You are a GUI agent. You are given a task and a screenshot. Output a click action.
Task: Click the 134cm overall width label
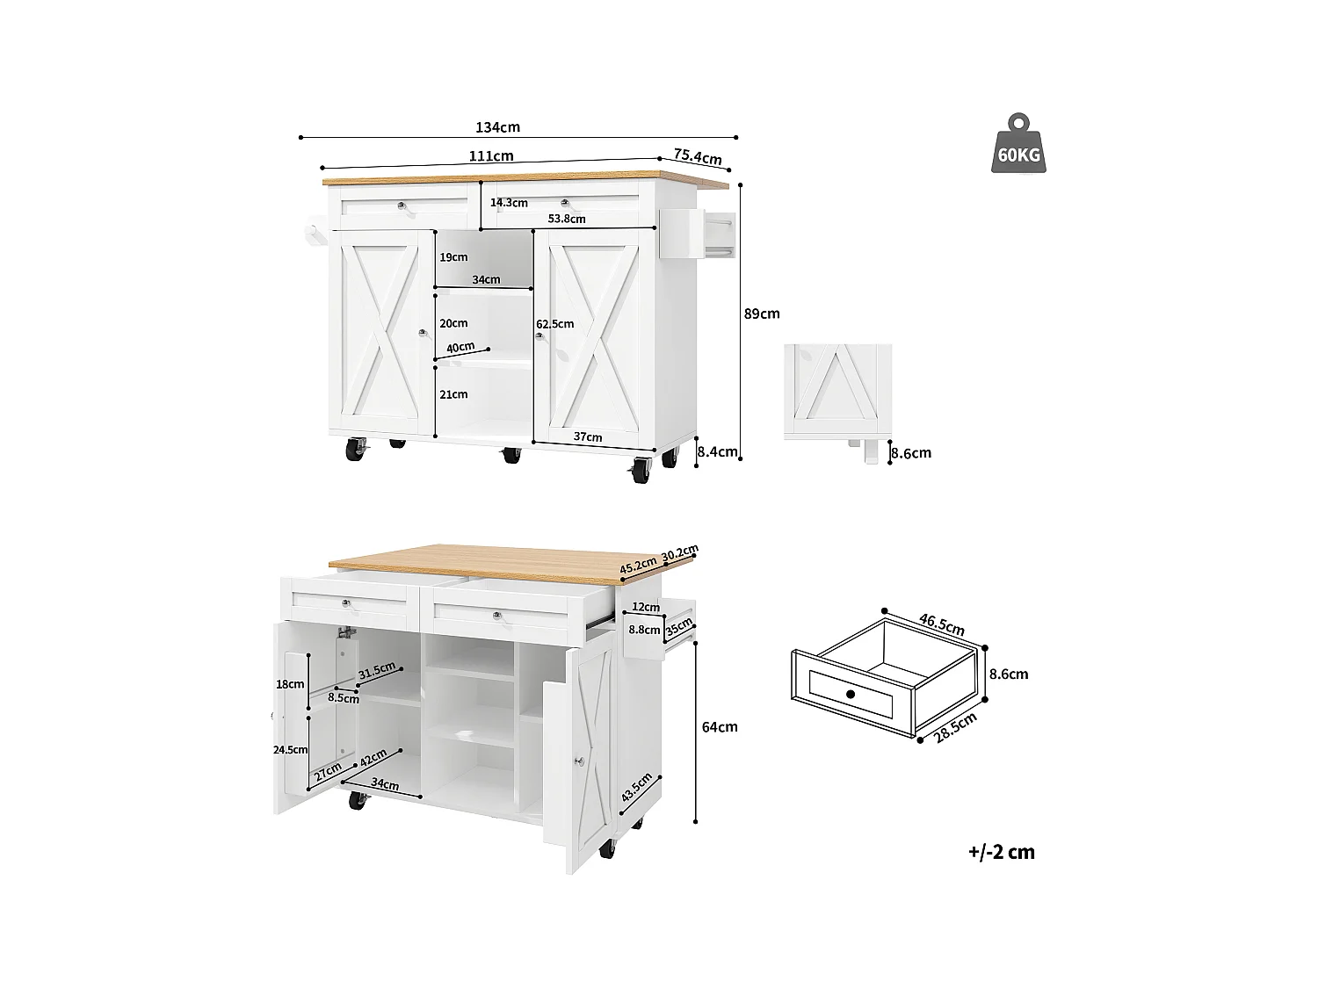[497, 127]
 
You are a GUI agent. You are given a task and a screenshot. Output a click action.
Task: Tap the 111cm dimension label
[490, 156]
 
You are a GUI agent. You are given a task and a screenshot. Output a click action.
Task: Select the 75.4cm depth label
[698, 156]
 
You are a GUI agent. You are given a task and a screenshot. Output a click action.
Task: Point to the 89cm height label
[762, 314]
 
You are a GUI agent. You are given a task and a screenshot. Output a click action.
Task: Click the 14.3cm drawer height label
[509, 203]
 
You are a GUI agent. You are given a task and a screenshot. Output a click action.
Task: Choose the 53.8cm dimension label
[566, 219]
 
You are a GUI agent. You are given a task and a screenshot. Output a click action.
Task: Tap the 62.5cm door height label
[555, 324]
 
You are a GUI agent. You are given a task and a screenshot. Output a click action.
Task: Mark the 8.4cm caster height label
[717, 453]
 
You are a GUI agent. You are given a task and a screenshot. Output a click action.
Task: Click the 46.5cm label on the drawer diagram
[941, 624]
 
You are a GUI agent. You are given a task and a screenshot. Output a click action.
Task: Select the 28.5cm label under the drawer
[955, 728]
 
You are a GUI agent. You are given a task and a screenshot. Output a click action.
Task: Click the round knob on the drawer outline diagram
[851, 695]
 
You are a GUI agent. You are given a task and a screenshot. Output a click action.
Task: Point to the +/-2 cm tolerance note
[1002, 852]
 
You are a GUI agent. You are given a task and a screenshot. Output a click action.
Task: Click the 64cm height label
[720, 727]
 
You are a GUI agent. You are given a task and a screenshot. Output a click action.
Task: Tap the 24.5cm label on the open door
[291, 749]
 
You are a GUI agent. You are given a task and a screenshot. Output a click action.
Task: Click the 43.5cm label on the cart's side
[636, 788]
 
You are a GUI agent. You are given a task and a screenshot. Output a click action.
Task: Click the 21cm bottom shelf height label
[453, 394]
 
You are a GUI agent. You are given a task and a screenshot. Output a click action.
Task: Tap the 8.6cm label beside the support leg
[910, 454]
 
